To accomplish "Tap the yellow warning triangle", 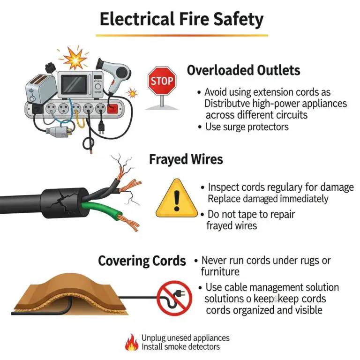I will (x=176, y=198).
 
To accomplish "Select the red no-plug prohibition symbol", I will (x=174, y=298).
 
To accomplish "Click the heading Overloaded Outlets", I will (x=243, y=70).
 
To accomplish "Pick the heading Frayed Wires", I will (x=186, y=159).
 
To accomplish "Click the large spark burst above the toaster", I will (x=75, y=58).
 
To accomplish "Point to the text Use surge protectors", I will (x=247, y=127).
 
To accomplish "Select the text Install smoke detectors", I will (x=180, y=347).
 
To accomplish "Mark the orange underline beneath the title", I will (x=181, y=35).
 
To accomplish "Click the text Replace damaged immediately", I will (x=268, y=198).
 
